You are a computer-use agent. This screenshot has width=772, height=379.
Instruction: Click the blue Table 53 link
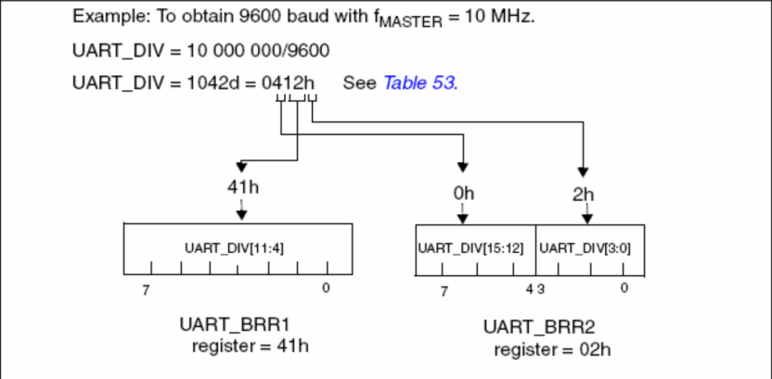pyautogui.click(x=419, y=82)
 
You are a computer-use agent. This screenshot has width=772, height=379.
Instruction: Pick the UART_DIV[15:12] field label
pyautogui.click(x=475, y=247)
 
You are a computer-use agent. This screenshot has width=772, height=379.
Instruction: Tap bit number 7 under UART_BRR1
pyautogui.click(x=146, y=288)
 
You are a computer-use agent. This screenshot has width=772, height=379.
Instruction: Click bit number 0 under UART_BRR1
pyautogui.click(x=326, y=288)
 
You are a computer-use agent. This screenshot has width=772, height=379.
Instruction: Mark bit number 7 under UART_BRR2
pyautogui.click(x=444, y=291)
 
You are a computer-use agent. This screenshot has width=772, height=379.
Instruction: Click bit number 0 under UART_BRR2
pyautogui.click(x=624, y=288)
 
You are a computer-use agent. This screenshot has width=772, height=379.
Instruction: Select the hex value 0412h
pyautogui.click(x=289, y=82)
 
